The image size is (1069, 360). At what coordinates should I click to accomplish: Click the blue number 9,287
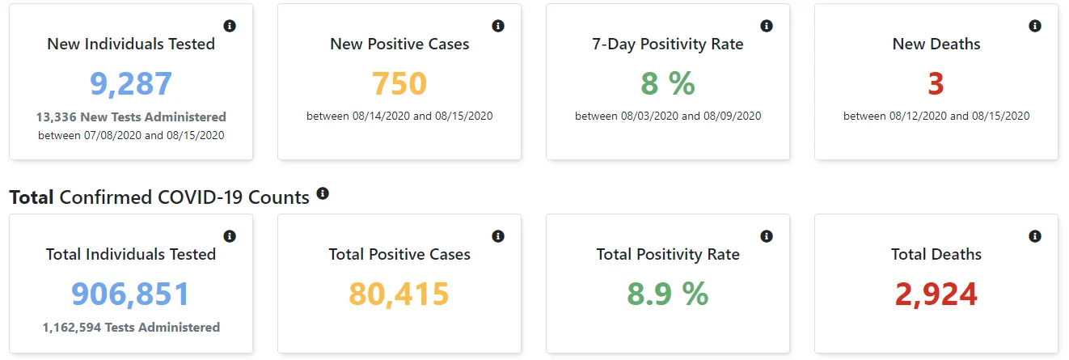(x=131, y=84)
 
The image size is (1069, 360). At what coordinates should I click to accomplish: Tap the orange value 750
(x=399, y=83)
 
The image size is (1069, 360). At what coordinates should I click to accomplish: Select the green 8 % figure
(x=668, y=83)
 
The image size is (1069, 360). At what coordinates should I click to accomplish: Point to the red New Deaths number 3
(x=936, y=83)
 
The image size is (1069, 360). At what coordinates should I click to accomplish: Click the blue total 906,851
(x=130, y=294)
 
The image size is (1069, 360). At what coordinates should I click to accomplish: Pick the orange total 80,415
(x=399, y=294)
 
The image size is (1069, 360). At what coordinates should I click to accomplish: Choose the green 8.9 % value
(x=668, y=294)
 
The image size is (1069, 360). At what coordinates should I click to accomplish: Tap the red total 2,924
(x=936, y=294)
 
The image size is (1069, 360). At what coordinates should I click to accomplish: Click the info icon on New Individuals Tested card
(x=230, y=26)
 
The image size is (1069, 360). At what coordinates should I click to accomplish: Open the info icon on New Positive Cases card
(x=498, y=26)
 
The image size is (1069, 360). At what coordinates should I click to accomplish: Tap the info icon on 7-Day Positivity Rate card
(x=767, y=26)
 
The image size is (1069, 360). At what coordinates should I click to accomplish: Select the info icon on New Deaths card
(x=1035, y=26)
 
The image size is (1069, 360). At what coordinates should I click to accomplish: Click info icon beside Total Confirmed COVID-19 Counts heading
(x=323, y=193)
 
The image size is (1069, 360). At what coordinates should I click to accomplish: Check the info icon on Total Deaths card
(x=1035, y=236)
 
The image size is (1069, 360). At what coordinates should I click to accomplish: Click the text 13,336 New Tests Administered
(x=131, y=117)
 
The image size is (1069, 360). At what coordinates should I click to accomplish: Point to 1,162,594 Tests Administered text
(x=131, y=328)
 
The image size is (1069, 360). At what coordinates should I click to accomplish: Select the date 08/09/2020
(x=733, y=116)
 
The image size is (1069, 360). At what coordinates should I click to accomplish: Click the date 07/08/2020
(x=113, y=136)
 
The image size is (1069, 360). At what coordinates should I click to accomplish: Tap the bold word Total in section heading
(x=32, y=197)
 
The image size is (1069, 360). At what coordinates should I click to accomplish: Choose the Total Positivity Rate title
(x=668, y=255)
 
